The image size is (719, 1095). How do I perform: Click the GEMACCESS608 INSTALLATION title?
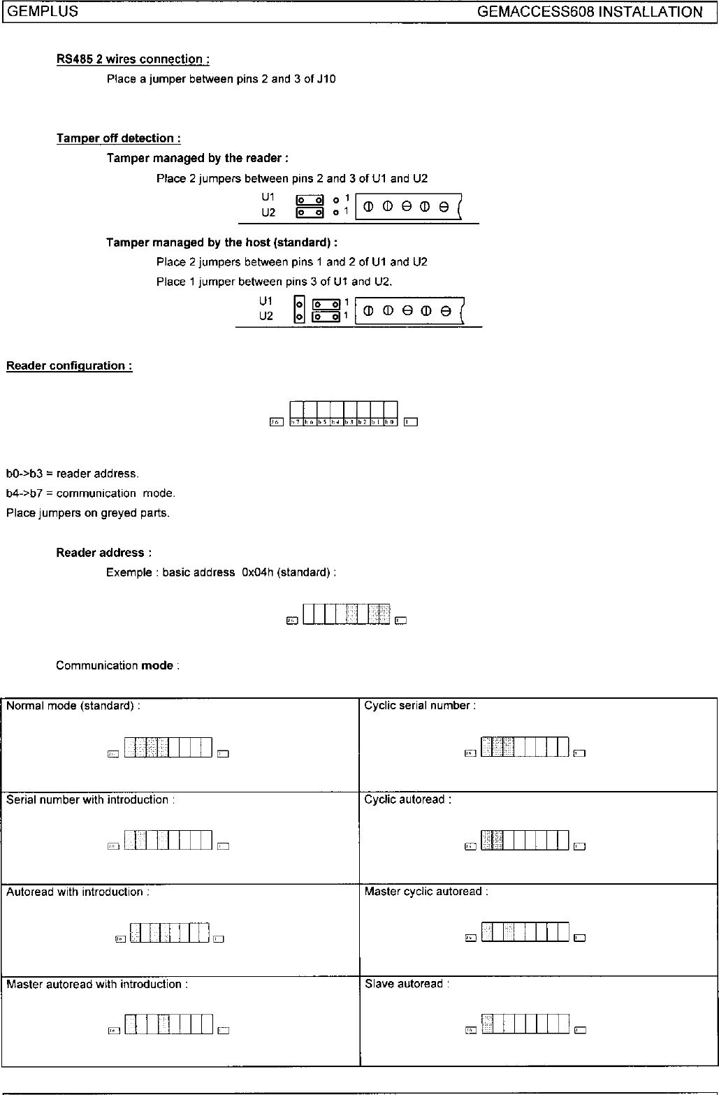[590, 12]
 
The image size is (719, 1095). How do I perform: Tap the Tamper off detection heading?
[118, 138]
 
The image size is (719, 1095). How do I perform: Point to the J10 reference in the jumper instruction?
[326, 79]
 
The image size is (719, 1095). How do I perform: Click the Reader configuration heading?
[69, 365]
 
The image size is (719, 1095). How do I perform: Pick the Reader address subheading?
[104, 553]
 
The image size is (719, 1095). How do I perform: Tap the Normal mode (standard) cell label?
[73, 706]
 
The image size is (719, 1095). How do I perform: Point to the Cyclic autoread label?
[407, 799]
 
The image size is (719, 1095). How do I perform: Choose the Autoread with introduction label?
[78, 892]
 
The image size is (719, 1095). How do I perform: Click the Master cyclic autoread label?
[426, 892]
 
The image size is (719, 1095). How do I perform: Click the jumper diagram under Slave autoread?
[525, 1024]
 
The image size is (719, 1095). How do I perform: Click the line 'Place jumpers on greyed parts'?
[88, 513]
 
